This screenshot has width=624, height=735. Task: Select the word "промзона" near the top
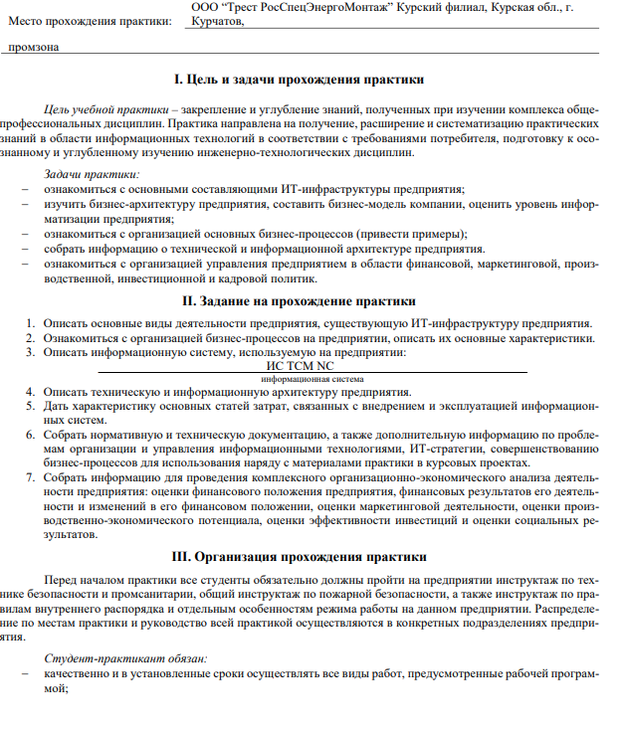pos(33,47)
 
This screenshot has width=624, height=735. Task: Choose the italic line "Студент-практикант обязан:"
pos(125,659)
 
